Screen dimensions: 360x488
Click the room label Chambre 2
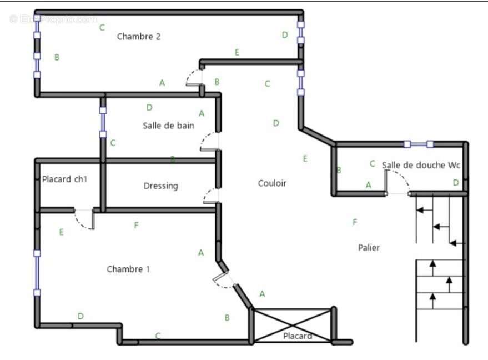(x=139, y=37)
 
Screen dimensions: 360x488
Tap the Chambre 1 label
(x=128, y=269)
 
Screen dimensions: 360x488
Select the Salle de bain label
(x=168, y=126)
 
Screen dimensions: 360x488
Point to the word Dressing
(x=160, y=186)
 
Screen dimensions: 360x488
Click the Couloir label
(x=272, y=183)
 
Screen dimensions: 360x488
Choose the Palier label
(x=369, y=248)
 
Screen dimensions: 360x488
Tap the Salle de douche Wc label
(x=421, y=166)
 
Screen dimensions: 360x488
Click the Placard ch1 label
(x=65, y=179)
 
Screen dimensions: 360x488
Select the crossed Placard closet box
(x=293, y=324)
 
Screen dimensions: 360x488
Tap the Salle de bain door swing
(x=209, y=142)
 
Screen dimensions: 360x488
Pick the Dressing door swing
(x=211, y=196)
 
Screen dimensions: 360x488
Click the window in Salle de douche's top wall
(x=419, y=144)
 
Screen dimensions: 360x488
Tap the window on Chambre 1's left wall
(x=37, y=272)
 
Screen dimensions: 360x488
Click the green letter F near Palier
(x=355, y=222)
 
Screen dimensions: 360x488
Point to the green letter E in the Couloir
(x=305, y=159)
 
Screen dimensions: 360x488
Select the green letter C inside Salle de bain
(x=113, y=143)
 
